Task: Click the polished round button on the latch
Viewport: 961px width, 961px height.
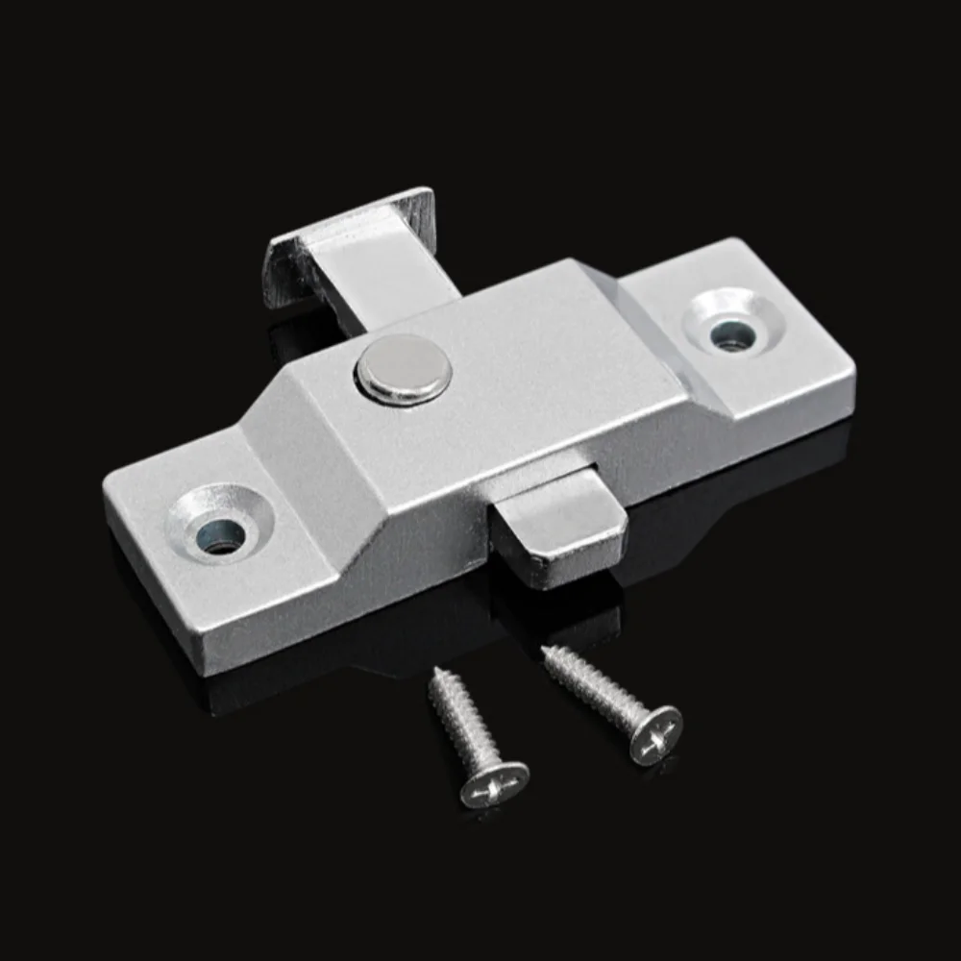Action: click(x=405, y=368)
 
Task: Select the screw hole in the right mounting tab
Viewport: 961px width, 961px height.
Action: click(x=732, y=333)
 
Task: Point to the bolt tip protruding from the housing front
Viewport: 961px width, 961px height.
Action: click(x=562, y=524)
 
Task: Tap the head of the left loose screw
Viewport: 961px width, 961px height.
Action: click(x=494, y=783)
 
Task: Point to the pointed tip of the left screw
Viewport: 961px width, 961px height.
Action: click(x=435, y=672)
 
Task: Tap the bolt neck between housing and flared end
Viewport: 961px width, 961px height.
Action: click(x=384, y=279)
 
